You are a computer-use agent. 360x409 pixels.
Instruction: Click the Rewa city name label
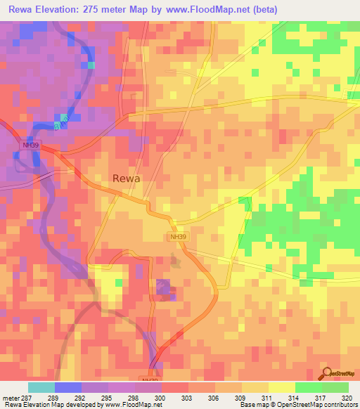126,178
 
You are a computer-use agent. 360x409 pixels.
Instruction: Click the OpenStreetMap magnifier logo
326,372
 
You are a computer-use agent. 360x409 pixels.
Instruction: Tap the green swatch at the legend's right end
335,387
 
